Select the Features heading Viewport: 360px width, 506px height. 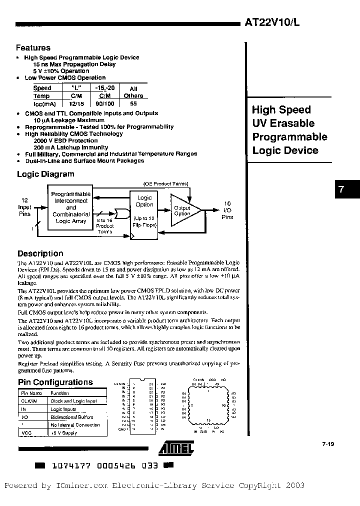(x=33, y=48)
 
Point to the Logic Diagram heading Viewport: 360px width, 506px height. (x=45, y=174)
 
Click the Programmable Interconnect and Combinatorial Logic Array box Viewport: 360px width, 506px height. (x=71, y=207)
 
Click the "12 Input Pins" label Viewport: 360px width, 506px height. (x=24, y=207)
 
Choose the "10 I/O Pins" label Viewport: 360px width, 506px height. (x=227, y=210)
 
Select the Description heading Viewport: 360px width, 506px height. (x=40, y=253)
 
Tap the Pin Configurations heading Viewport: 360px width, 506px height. (x=55, y=382)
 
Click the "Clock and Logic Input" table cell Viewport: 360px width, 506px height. (x=73, y=401)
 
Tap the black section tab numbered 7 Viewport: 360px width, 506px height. (x=341, y=189)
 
